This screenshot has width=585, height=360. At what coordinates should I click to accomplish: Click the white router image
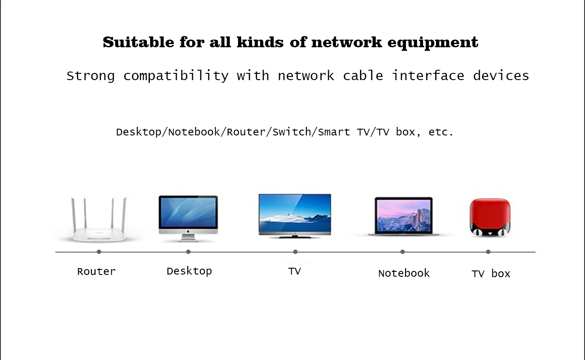click(99, 225)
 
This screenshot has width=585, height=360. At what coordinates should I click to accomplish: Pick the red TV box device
click(489, 217)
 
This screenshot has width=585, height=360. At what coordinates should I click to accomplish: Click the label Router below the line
click(96, 271)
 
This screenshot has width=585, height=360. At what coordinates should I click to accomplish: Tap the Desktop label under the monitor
click(189, 271)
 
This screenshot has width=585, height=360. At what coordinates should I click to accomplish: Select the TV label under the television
click(294, 271)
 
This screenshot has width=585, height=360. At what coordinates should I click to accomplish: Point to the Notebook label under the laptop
click(404, 273)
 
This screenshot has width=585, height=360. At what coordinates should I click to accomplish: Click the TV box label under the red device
click(490, 274)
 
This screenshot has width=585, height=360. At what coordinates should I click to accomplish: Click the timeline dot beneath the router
click(99, 252)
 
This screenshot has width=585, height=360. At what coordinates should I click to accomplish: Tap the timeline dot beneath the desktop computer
click(188, 252)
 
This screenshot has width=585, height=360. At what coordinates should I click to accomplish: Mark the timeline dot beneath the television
click(295, 252)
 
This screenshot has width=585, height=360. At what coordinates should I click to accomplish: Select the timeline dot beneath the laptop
click(402, 252)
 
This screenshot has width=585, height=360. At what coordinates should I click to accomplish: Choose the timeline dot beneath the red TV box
click(488, 252)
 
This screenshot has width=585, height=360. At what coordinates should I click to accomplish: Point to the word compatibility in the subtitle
click(176, 76)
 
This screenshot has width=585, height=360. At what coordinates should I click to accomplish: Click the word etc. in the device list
click(441, 132)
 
